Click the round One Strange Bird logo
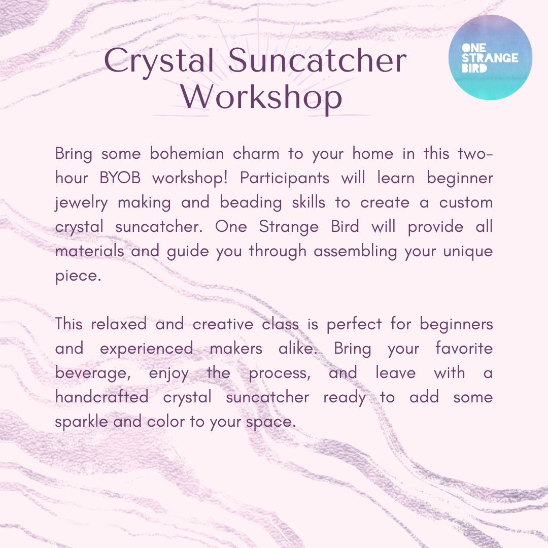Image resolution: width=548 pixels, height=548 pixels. [491, 57]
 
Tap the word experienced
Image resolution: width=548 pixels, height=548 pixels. [147, 349]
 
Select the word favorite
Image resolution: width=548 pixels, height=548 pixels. [464, 349]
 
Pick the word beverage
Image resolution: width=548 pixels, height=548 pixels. [91, 373]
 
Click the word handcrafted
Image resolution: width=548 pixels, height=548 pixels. [101, 397]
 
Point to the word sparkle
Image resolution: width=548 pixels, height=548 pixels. [81, 422]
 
